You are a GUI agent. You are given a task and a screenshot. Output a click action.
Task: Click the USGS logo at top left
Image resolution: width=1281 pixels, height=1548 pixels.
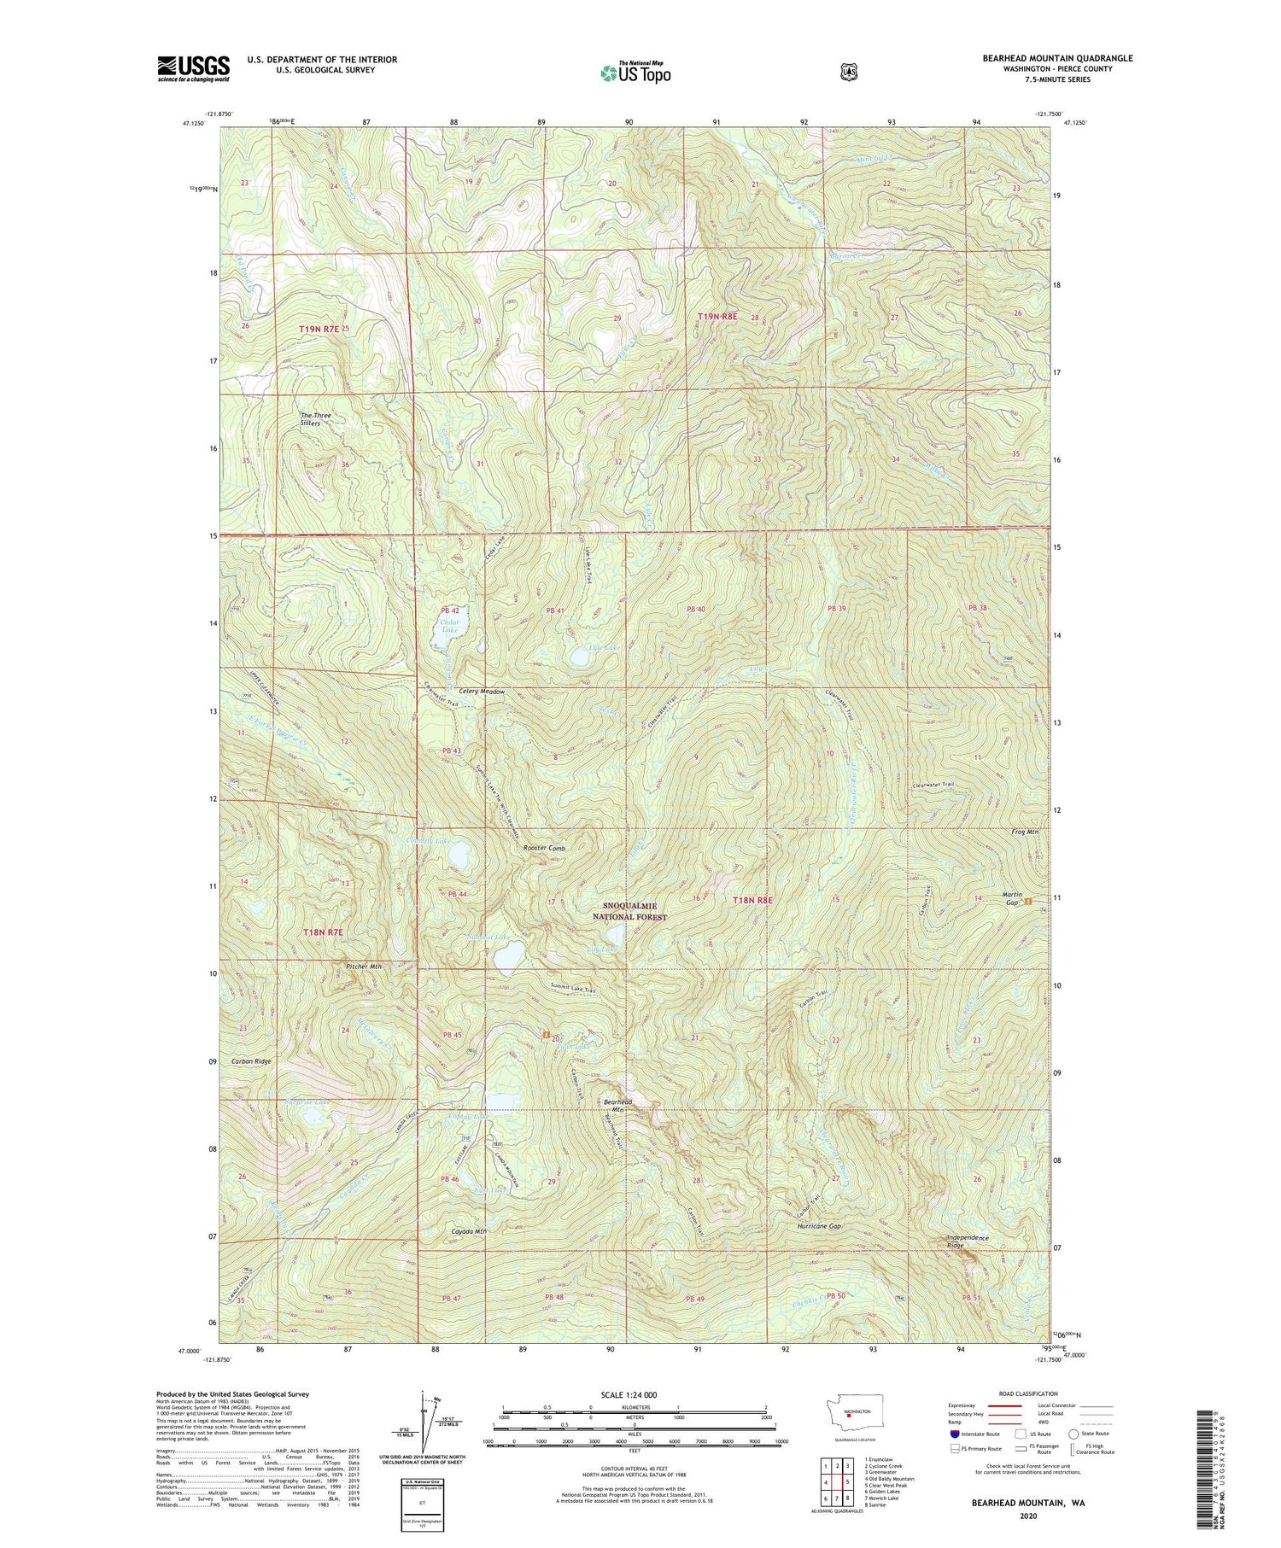pos(194,68)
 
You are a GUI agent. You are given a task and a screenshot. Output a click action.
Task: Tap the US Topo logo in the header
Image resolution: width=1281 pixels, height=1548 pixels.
pos(635,73)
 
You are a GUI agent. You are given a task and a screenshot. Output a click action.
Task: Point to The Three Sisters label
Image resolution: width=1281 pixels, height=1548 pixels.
pos(315,419)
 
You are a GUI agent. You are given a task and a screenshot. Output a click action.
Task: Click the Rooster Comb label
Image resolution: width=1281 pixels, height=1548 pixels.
pos(544,849)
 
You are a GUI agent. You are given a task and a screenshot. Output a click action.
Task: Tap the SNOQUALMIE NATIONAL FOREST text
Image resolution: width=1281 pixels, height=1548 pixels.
pos(630,911)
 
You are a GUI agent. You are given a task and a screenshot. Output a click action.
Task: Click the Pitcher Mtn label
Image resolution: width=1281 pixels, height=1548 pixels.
pos(364,967)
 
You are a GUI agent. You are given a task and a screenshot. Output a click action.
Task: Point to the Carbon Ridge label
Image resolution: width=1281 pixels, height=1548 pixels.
pos(251,1061)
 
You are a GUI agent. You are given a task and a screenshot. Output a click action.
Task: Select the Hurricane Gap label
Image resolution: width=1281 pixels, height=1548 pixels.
pos(818,1226)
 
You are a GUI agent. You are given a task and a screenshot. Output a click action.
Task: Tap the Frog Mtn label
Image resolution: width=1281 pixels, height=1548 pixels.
pos(1025,831)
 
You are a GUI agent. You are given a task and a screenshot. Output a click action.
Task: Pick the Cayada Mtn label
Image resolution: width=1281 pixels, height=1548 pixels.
pos(469,1231)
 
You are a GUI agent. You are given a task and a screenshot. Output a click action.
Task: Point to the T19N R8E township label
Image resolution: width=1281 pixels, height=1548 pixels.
pos(717,316)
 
